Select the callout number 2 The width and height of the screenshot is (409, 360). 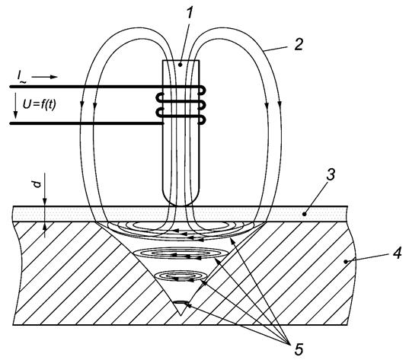[x=299, y=44]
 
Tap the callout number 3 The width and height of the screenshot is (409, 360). [x=330, y=174]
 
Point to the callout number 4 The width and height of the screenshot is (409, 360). [x=398, y=253]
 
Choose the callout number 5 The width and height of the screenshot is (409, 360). [x=299, y=349]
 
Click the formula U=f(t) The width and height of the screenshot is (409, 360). [x=39, y=104]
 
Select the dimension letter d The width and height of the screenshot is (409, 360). [x=37, y=184]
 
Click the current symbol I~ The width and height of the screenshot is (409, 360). [x=21, y=77]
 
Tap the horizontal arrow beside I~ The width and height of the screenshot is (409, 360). [x=44, y=77]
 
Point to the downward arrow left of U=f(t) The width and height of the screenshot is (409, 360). [x=16, y=106]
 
